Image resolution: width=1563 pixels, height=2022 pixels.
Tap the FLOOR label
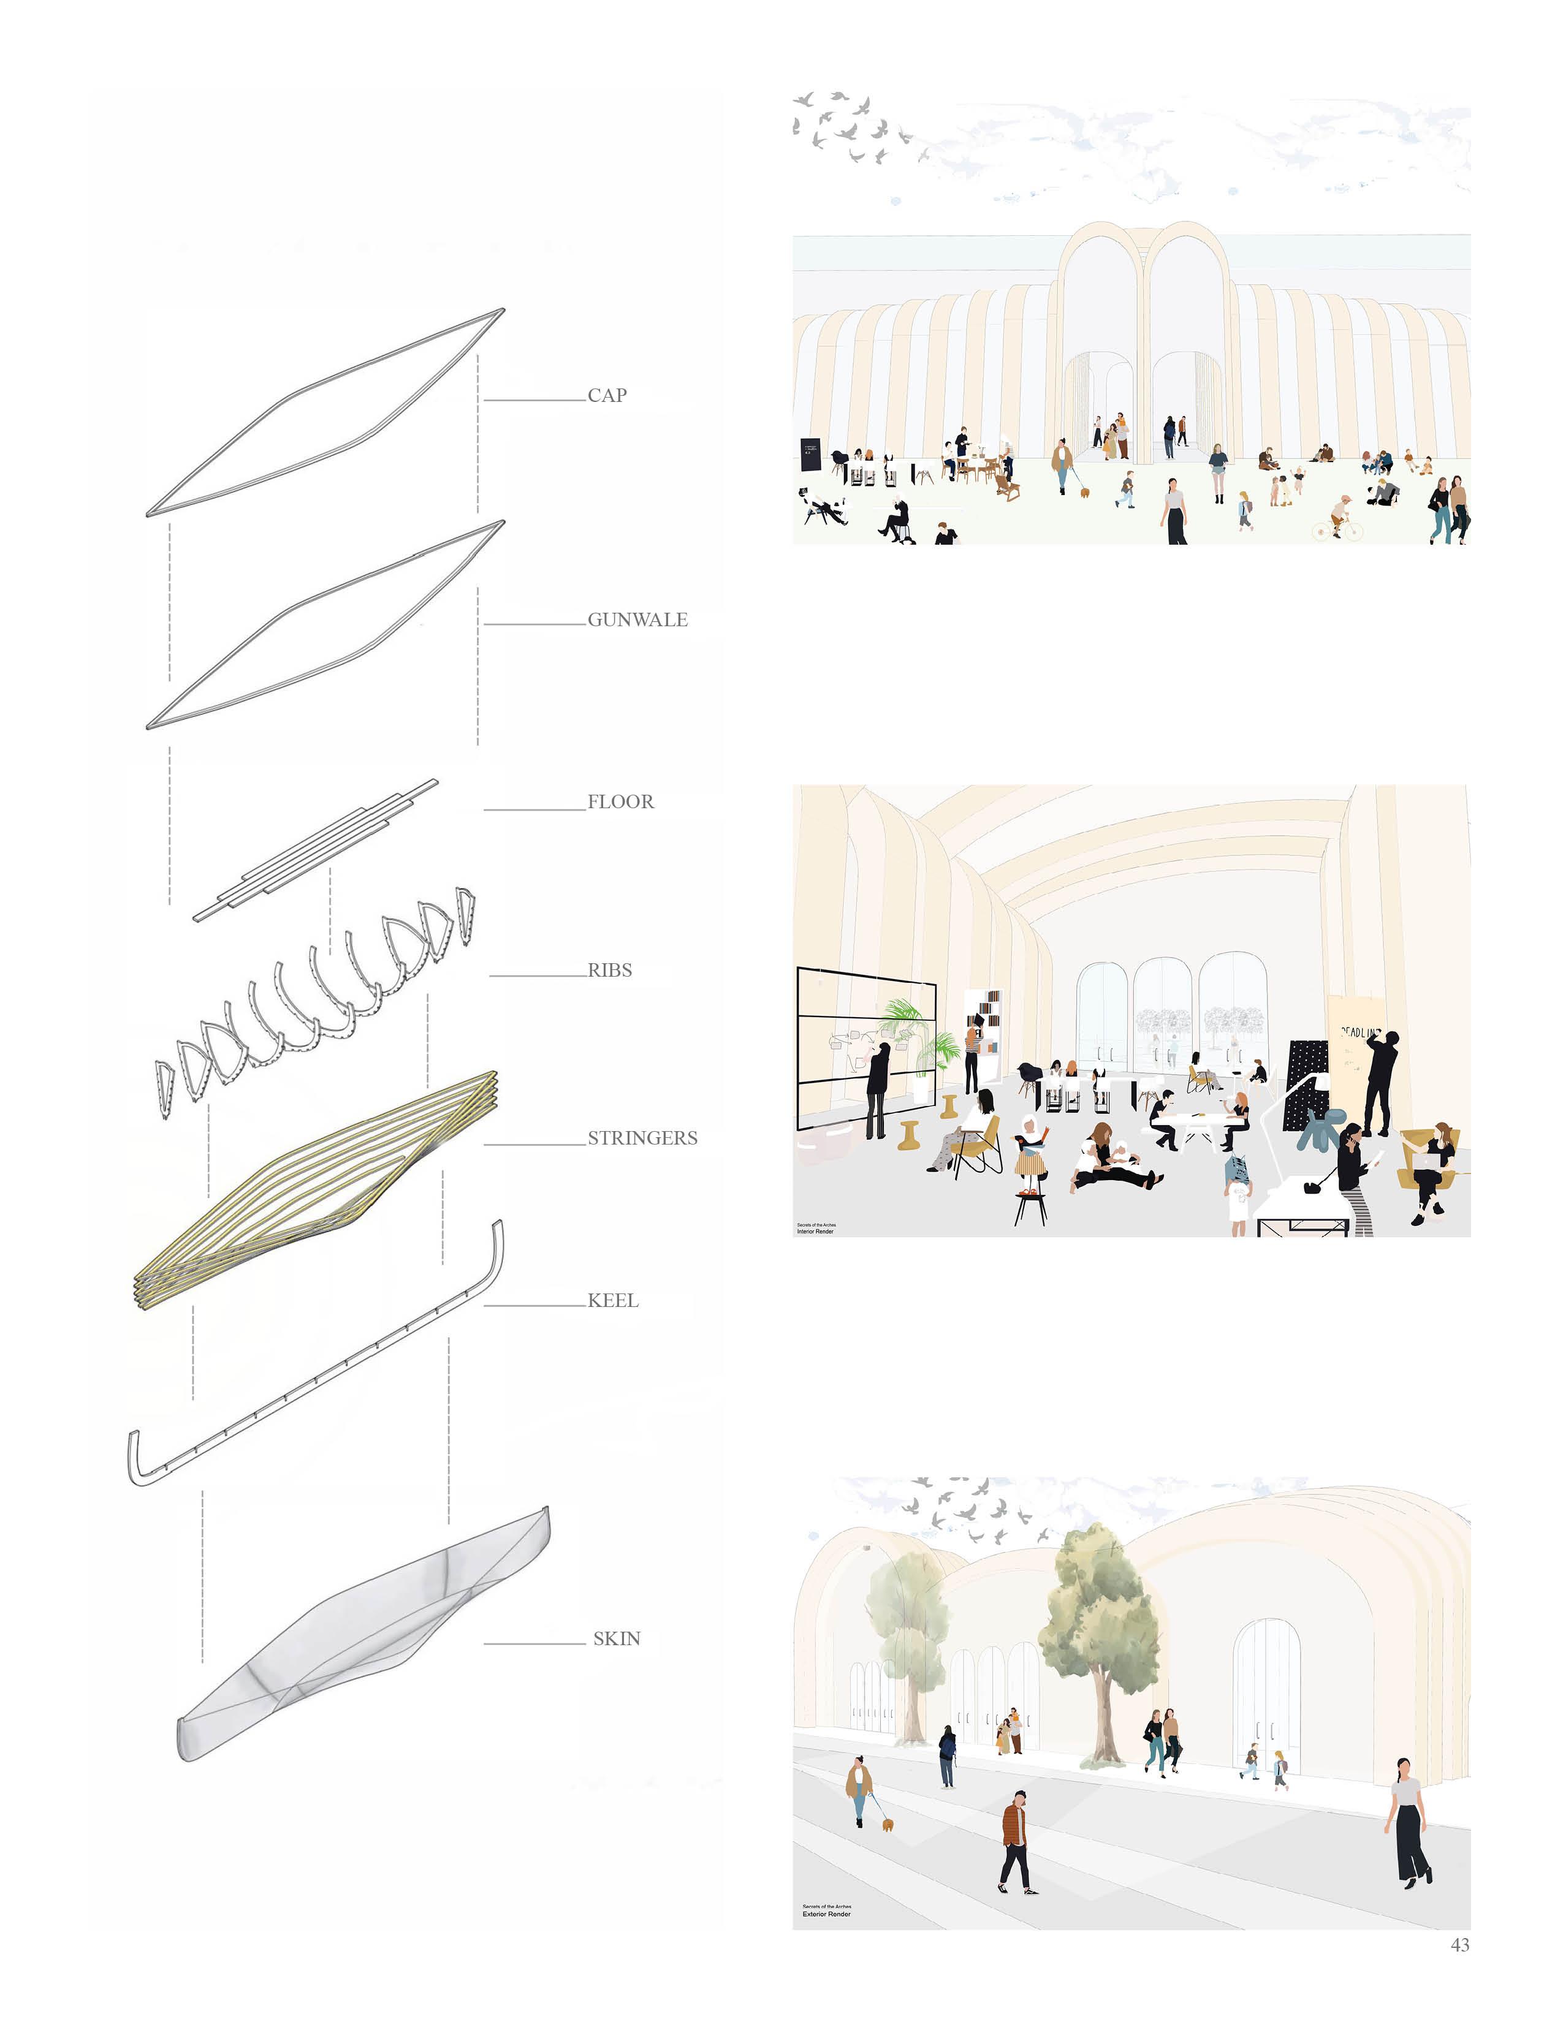620,802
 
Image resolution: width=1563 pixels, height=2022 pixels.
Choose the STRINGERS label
642,1138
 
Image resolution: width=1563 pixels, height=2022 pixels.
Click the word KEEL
613,1301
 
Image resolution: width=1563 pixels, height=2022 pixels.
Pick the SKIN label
617,1638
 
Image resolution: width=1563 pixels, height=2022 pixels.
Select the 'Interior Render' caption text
816,1232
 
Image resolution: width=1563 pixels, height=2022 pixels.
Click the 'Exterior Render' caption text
826,1913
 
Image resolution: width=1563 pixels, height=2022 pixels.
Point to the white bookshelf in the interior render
983,1028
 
